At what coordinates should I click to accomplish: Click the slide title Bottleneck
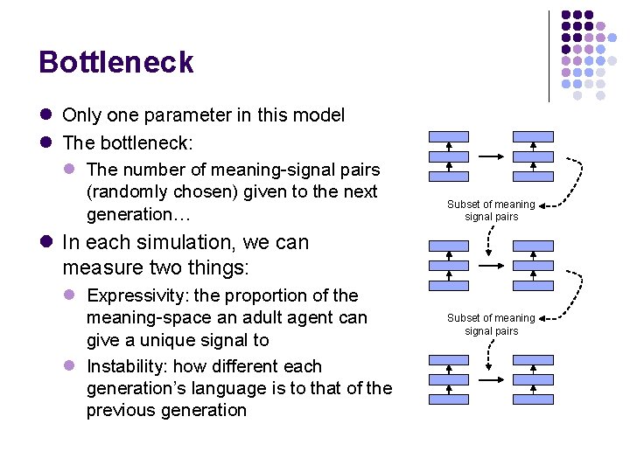[x=116, y=63]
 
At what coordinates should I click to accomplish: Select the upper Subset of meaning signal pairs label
[x=491, y=210]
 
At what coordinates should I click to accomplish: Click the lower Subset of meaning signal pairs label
[x=491, y=324]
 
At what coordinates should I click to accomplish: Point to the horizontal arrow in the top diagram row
[x=491, y=157]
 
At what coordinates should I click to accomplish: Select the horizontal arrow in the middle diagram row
[x=491, y=265]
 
